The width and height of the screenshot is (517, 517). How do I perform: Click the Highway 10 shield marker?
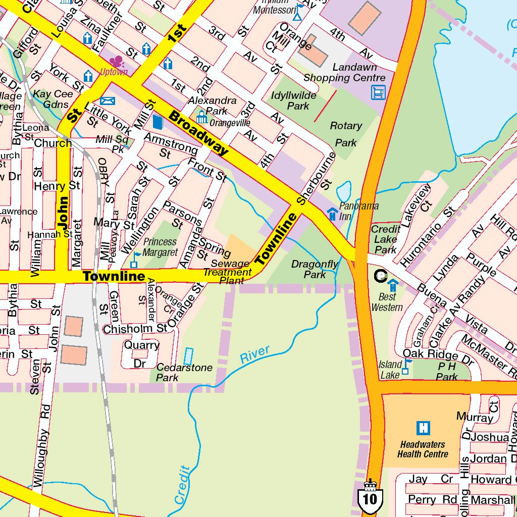(370, 497)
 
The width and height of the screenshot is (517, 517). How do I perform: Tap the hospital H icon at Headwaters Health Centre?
(423, 428)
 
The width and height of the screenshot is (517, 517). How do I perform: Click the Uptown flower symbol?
(117, 62)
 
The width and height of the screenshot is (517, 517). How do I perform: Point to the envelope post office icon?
(108, 100)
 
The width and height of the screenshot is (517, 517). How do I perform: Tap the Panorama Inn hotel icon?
(332, 214)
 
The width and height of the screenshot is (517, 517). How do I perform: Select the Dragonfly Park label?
(315, 270)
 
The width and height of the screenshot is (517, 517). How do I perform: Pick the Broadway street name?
(198, 133)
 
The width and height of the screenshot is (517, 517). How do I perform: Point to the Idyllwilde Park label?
(294, 100)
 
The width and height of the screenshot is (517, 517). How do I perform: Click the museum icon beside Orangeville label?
(202, 118)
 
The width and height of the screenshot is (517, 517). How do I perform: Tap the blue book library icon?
(158, 122)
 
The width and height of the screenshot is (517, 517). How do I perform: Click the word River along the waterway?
(254, 354)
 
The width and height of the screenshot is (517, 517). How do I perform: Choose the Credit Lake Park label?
(386, 239)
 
